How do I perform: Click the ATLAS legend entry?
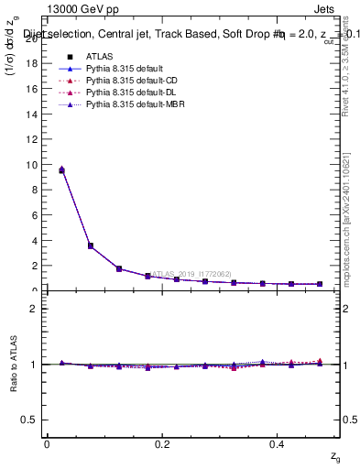[99, 56]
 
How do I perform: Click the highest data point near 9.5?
[61, 170]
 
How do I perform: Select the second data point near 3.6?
[90, 245]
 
